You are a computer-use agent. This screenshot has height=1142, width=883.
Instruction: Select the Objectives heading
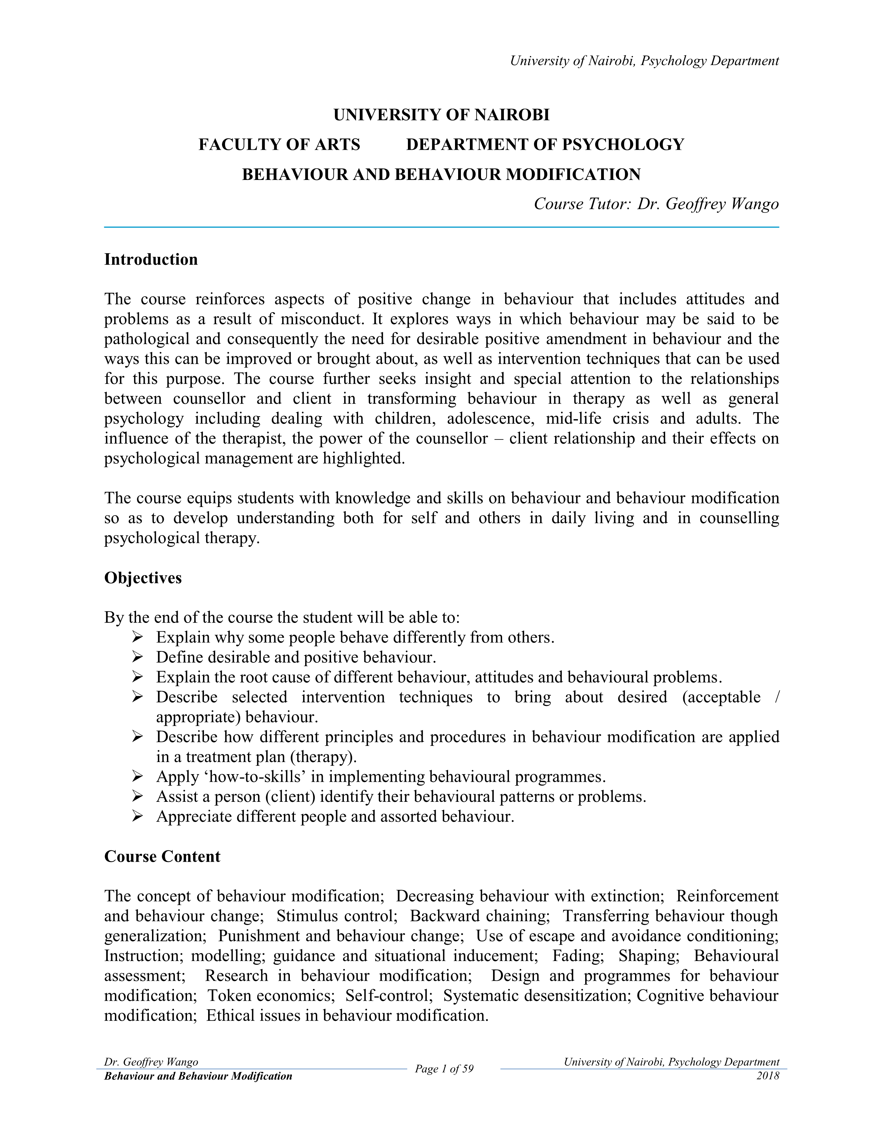tap(143, 578)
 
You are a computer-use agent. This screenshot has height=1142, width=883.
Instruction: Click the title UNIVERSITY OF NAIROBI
tap(441, 115)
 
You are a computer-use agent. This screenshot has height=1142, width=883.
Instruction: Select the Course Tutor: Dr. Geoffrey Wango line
tap(656, 204)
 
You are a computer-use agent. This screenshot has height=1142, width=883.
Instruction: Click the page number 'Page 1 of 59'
tap(444, 1069)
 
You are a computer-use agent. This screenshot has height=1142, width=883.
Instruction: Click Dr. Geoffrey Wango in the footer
tap(151, 1062)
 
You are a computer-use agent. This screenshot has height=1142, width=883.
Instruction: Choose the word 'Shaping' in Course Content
tap(649, 955)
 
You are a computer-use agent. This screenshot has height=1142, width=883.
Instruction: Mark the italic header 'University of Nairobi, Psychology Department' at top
tap(644, 61)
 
